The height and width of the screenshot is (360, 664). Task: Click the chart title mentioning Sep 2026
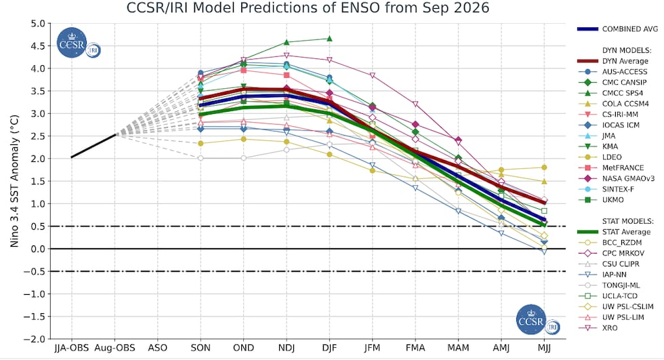pyautogui.click(x=308, y=8)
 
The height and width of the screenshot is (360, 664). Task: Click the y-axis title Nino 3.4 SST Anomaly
pyautogui.click(x=14, y=181)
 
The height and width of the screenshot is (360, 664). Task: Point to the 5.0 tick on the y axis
pyautogui.click(x=38, y=24)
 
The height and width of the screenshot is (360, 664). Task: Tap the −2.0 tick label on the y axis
pyautogui.click(x=35, y=339)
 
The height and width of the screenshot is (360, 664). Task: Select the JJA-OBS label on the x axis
pyautogui.click(x=72, y=348)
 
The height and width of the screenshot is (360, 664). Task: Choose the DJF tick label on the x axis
pyautogui.click(x=329, y=348)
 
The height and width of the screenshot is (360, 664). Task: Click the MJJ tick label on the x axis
pyautogui.click(x=544, y=348)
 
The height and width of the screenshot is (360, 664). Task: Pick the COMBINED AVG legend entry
pyautogui.click(x=618, y=29)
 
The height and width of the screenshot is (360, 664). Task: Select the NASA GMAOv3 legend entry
pyautogui.click(x=617, y=178)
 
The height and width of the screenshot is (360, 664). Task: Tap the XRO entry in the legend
pyautogui.click(x=598, y=328)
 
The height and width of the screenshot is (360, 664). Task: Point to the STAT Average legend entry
pyautogui.click(x=614, y=232)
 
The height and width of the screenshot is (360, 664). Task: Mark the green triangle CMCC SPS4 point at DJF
pyautogui.click(x=329, y=39)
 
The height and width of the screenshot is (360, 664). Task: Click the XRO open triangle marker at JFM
pyautogui.click(x=372, y=75)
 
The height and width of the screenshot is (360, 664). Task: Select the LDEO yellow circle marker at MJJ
pyautogui.click(x=544, y=167)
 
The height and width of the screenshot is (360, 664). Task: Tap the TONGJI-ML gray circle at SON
pyautogui.click(x=201, y=159)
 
